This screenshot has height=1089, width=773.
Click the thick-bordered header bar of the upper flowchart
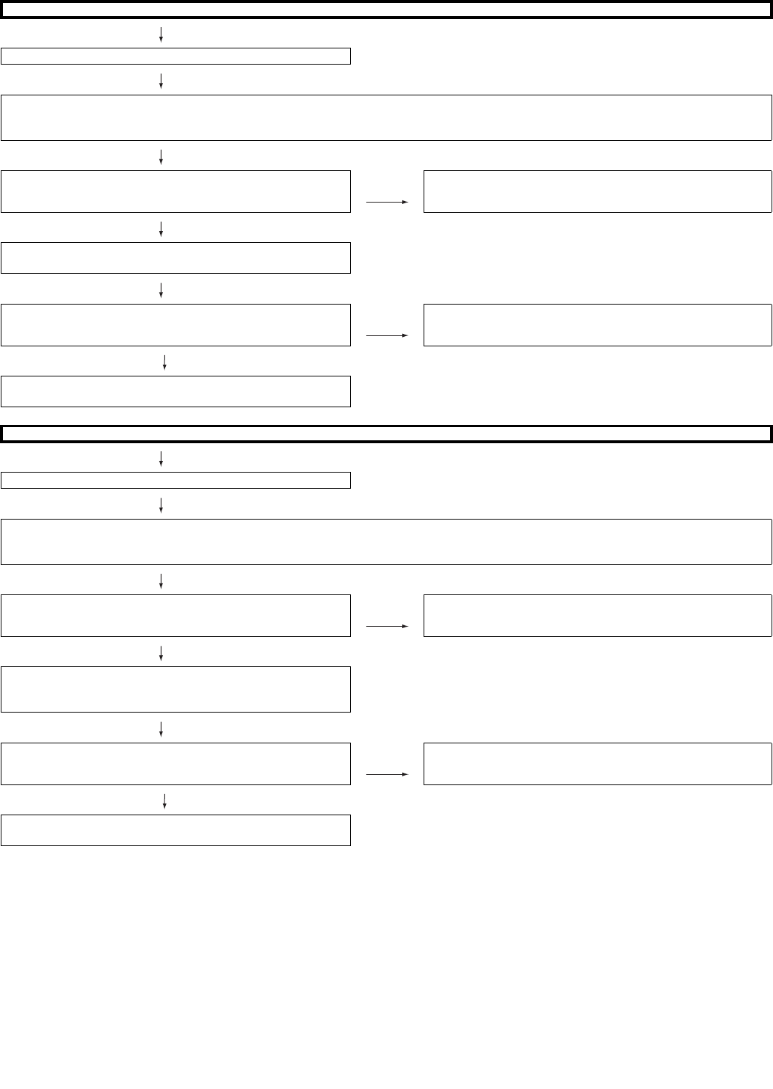[386, 10]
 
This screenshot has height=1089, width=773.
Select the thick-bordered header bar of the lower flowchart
[386, 434]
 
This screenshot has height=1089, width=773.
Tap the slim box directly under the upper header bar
[175, 56]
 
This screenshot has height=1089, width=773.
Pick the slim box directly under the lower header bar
[175, 480]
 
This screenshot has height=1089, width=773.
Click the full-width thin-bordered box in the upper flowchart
[386, 117]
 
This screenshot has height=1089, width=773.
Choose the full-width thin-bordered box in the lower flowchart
[386, 542]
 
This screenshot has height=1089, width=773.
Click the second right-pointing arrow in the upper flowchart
[387, 335]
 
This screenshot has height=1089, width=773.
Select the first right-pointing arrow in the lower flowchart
[387, 626]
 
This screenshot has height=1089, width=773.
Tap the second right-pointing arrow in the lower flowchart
[387, 774]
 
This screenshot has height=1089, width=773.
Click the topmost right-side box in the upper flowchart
[598, 192]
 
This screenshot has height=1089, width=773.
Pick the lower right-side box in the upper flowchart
[598, 325]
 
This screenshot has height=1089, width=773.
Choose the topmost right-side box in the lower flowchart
[598, 616]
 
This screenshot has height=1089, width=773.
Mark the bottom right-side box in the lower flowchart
[598, 764]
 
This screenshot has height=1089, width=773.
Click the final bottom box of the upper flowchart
[175, 391]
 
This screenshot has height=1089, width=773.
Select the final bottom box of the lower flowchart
[175, 830]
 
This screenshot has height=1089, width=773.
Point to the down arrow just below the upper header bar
[161, 34]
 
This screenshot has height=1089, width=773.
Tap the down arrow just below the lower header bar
[161, 459]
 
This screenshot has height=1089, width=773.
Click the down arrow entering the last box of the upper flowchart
[164, 361]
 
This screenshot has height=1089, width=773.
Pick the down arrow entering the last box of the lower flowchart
[164, 800]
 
